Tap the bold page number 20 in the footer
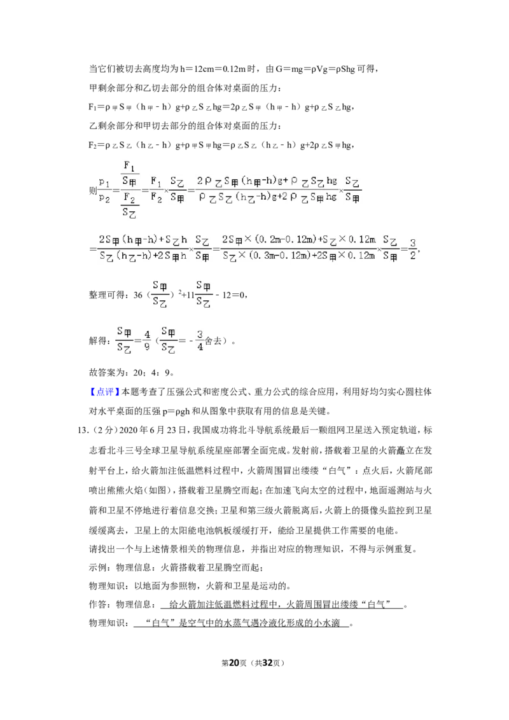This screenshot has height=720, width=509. click(234, 663)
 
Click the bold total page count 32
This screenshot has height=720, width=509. click(268, 663)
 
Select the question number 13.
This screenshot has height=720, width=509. click(82, 430)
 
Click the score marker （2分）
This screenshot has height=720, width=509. click(103, 430)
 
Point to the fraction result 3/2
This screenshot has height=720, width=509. click(412, 249)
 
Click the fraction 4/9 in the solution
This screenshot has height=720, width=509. click(146, 341)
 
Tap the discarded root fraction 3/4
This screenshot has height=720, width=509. click(200, 341)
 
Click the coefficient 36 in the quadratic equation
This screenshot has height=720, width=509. click(138, 294)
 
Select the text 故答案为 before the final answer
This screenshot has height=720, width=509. click(107, 372)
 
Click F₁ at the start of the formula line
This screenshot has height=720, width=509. click(92, 107)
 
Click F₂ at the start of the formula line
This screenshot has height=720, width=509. click(92, 145)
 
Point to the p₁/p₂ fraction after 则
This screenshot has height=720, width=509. click(105, 191)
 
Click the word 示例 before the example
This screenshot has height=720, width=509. click(98, 567)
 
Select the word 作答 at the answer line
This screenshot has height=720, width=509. click(98, 604)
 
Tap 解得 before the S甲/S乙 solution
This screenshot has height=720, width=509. click(98, 341)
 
